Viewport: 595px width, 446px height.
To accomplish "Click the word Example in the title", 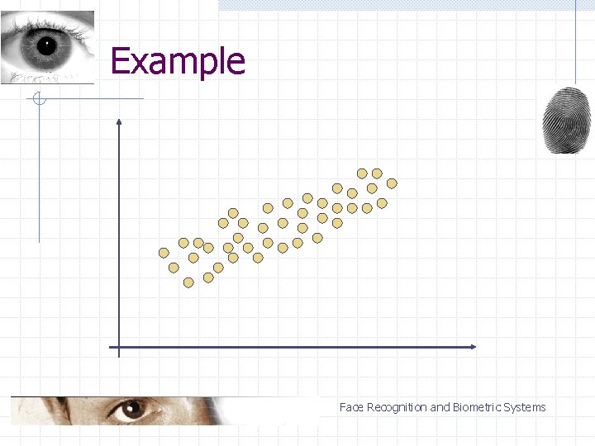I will [x=178, y=61].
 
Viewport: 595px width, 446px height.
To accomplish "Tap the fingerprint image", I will [x=567, y=121].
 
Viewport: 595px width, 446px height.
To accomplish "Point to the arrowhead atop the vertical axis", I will [x=119, y=122].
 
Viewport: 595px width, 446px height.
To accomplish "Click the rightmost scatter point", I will [x=392, y=183].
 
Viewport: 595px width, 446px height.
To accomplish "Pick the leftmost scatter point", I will [x=164, y=253].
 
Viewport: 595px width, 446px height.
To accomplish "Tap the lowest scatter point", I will [x=188, y=282].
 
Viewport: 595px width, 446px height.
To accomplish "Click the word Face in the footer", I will [x=351, y=407].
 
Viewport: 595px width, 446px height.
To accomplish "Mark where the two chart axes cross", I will [x=119, y=347].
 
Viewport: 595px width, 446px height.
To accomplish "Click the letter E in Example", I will [x=120, y=61].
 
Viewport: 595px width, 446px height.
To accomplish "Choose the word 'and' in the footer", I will [x=440, y=407].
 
